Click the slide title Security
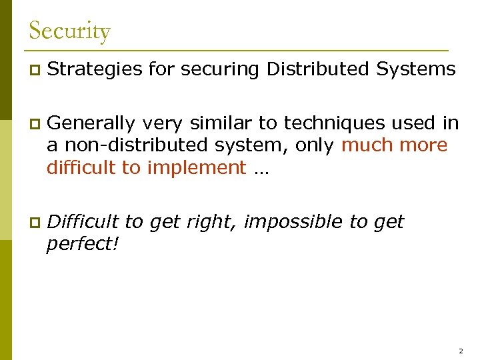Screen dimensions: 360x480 [x=69, y=31]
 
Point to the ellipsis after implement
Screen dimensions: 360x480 [x=260, y=169]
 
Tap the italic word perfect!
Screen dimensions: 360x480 [x=83, y=243]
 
